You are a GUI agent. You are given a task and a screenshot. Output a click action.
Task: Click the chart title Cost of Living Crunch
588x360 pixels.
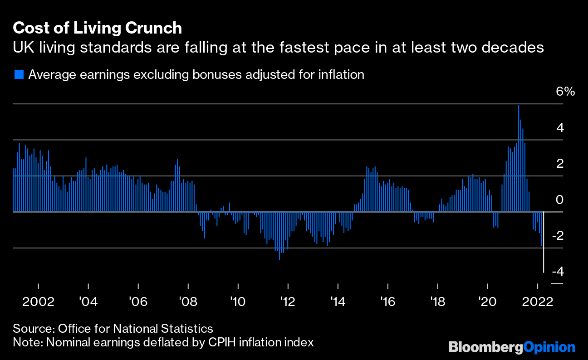pyautogui.click(x=97, y=28)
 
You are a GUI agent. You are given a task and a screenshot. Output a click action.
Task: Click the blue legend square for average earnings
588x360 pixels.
pyautogui.click(x=19, y=74)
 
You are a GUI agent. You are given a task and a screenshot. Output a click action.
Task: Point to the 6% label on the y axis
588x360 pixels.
pyautogui.click(x=565, y=92)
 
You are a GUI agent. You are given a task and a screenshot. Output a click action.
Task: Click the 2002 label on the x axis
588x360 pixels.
pyautogui.click(x=38, y=302)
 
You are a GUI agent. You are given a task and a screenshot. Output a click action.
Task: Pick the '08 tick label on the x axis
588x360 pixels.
pyautogui.click(x=188, y=302)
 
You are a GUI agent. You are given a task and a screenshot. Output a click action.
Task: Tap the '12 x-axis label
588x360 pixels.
pyautogui.click(x=288, y=302)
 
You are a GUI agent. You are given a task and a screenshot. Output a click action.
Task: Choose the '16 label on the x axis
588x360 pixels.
pyautogui.click(x=387, y=302)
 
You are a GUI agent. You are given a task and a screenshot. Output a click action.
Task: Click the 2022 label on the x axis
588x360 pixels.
pyautogui.click(x=538, y=302)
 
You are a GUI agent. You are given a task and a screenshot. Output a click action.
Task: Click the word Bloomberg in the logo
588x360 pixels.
pyautogui.click(x=485, y=347)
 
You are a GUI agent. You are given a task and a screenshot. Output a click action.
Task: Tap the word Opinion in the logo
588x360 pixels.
pyautogui.click(x=549, y=347)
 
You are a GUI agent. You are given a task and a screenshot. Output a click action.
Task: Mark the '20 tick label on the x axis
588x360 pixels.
pyautogui.click(x=487, y=302)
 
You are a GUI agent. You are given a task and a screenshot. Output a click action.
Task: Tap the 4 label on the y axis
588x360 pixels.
pyautogui.click(x=560, y=128)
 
